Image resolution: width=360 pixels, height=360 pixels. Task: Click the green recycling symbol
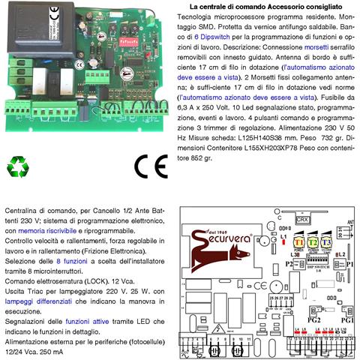pos(19,166)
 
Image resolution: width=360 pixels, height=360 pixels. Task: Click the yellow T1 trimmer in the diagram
pos(298,242)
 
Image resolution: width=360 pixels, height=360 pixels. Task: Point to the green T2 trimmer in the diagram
pos(312,242)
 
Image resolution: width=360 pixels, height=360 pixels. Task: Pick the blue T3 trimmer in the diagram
pos(325,242)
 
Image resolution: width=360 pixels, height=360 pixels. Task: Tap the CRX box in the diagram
pos(303,220)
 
